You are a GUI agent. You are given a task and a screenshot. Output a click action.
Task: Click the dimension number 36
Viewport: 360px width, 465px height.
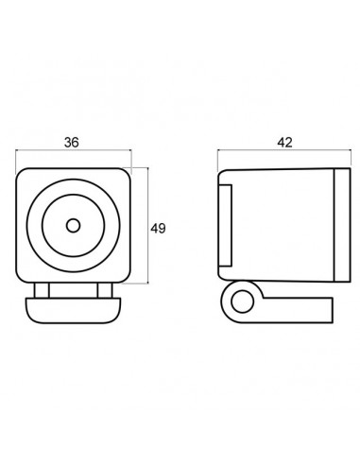(72, 143)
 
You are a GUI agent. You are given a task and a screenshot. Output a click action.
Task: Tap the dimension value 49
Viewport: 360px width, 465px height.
(158, 229)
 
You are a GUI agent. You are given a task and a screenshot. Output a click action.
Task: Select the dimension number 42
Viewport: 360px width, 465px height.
(284, 143)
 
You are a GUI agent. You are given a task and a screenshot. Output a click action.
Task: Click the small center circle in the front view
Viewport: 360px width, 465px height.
(73, 226)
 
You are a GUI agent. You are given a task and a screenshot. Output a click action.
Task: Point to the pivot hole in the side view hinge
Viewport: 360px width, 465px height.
(242, 301)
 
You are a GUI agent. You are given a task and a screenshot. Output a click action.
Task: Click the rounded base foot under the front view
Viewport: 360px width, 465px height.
(74, 310)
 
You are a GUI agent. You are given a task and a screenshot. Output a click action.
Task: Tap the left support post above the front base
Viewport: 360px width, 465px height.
(42, 290)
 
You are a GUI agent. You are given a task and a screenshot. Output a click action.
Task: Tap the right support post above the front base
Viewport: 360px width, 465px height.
(105, 290)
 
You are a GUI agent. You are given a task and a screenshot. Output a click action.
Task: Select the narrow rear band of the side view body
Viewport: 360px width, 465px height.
(342, 225)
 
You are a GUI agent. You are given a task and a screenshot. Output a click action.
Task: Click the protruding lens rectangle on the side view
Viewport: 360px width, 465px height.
(226, 226)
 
